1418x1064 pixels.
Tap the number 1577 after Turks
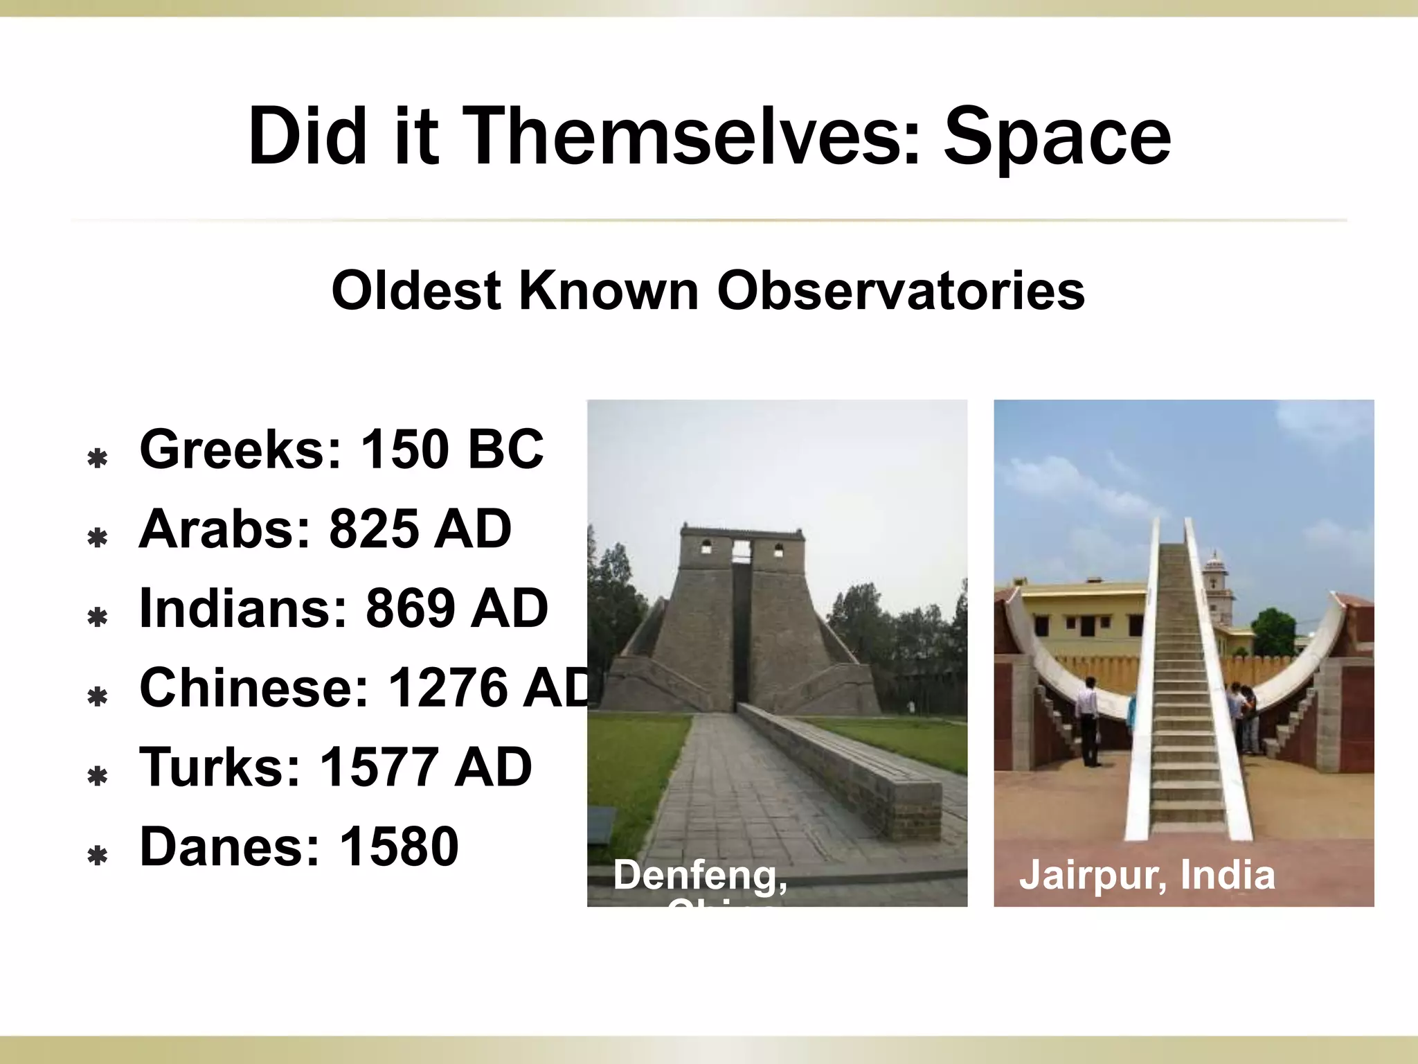[x=377, y=768]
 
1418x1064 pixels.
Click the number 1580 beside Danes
[x=399, y=846]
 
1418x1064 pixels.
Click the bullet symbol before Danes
[x=98, y=856]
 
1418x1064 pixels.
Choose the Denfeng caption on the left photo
[x=700, y=875]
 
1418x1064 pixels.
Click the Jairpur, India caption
[x=1147, y=875]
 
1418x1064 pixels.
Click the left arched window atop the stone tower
[x=706, y=549]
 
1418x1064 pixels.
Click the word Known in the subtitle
[x=608, y=290]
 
